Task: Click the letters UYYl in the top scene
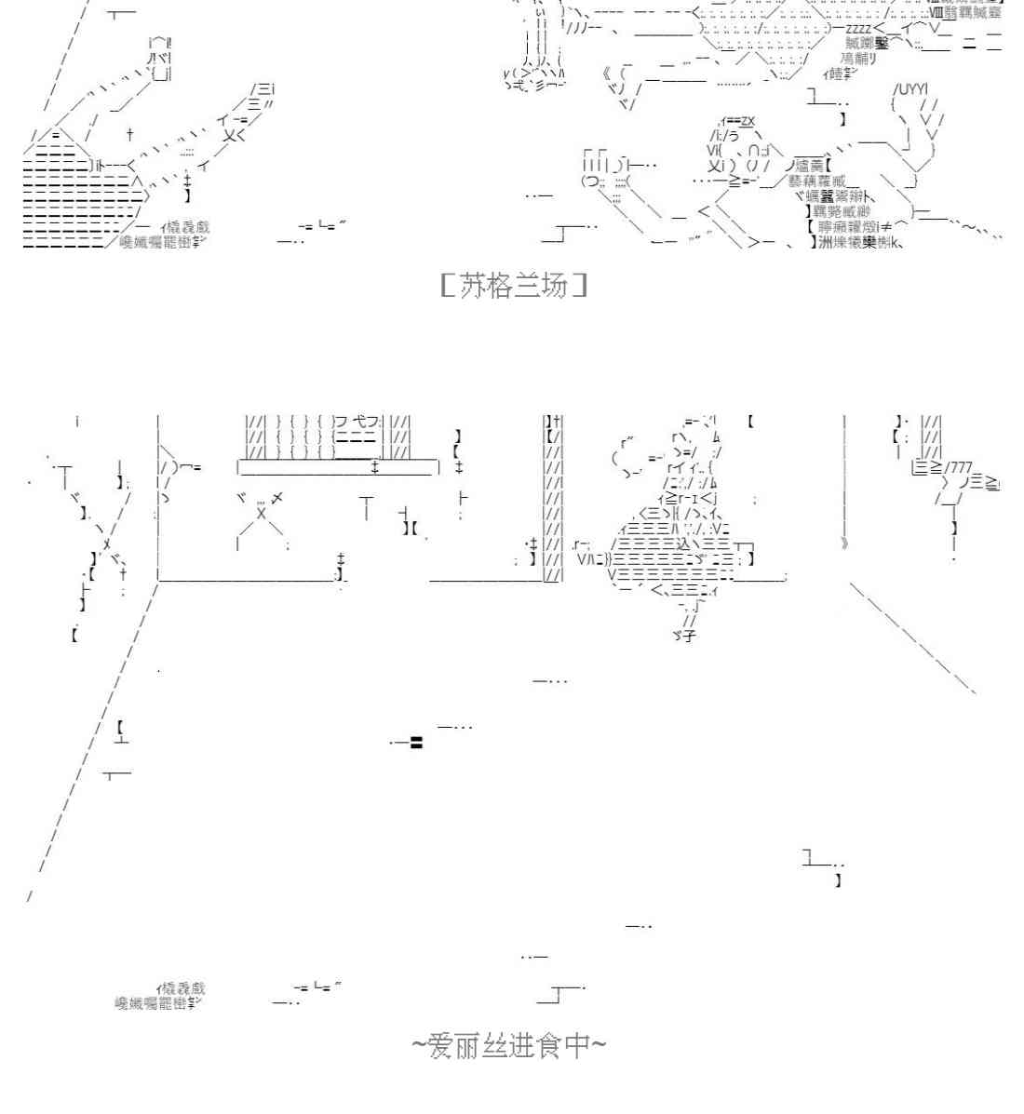909,89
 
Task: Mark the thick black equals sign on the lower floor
416,742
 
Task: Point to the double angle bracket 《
608,74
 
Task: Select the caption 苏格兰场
513,285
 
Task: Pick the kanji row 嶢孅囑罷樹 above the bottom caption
154,1003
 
